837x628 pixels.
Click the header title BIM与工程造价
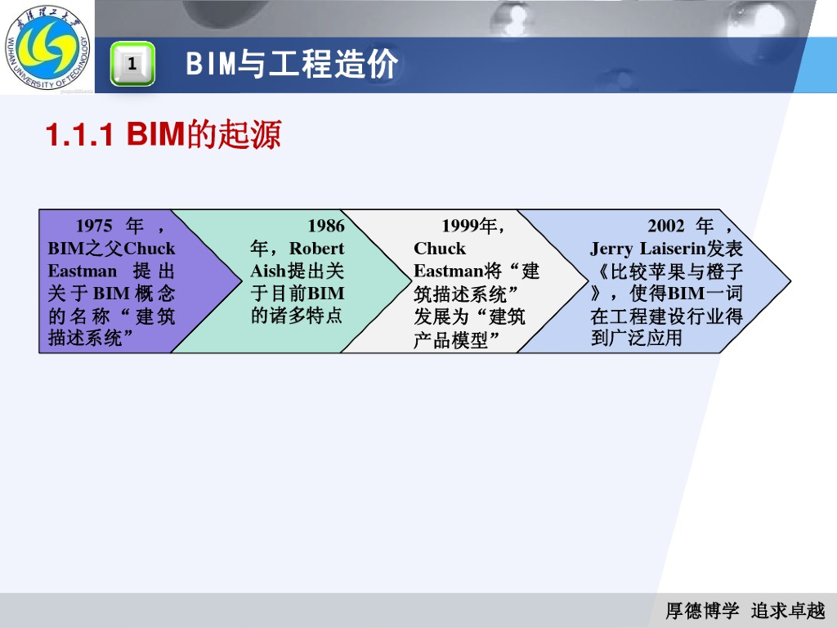[292, 64]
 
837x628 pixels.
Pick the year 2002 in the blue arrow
[666, 226]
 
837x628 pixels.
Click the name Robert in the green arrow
[317, 249]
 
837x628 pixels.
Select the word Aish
[267, 271]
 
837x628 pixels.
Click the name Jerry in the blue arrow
[612, 249]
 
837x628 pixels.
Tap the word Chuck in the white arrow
[440, 249]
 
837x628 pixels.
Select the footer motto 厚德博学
[702, 611]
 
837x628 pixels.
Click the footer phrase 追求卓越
[788, 611]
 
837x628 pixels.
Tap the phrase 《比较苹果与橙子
[666, 271]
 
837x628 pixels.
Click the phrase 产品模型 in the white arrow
[450, 339]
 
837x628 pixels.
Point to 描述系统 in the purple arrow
[86, 338]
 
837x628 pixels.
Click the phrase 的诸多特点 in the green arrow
[297, 316]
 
